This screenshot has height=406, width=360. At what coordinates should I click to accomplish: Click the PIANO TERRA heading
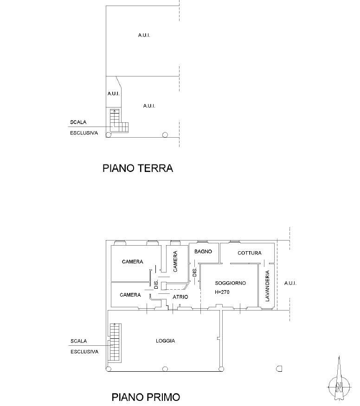pyautogui.click(x=138, y=168)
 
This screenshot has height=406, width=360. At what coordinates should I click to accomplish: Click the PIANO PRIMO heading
pyautogui.click(x=146, y=397)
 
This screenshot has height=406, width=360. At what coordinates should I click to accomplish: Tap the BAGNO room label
pyautogui.click(x=203, y=251)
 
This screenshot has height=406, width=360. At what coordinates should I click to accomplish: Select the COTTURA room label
pyautogui.click(x=249, y=253)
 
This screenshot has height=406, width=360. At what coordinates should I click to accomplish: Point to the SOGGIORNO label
pyautogui.click(x=231, y=283)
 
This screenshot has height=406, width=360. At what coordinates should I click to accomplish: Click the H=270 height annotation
pyautogui.click(x=222, y=292)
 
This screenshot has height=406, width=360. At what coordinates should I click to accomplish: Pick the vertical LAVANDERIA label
pyautogui.click(x=268, y=286)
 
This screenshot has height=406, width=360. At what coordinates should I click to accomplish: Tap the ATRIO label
pyautogui.click(x=180, y=297)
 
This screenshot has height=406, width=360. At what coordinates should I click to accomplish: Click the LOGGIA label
pyautogui.click(x=165, y=341)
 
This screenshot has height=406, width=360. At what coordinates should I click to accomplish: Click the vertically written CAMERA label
pyautogui.click(x=175, y=261)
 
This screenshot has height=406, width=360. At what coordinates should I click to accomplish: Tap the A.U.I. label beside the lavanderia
pyautogui.click(x=290, y=283)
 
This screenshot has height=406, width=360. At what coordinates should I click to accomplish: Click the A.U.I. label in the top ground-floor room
pyautogui.click(x=144, y=35)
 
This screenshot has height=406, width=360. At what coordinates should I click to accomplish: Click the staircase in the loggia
pyautogui.click(x=115, y=342)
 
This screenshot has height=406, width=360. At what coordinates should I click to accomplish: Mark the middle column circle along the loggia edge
pyautogui.click(x=165, y=369)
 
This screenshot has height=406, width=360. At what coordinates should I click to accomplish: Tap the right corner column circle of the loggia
pyautogui.click(x=221, y=369)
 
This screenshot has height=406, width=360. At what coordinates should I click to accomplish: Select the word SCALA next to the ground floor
pyautogui.click(x=78, y=122)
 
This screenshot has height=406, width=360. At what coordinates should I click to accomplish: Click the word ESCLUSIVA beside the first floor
pyautogui.click(x=84, y=352)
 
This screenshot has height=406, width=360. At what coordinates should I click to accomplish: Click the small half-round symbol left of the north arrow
pyautogui.click(x=279, y=368)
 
